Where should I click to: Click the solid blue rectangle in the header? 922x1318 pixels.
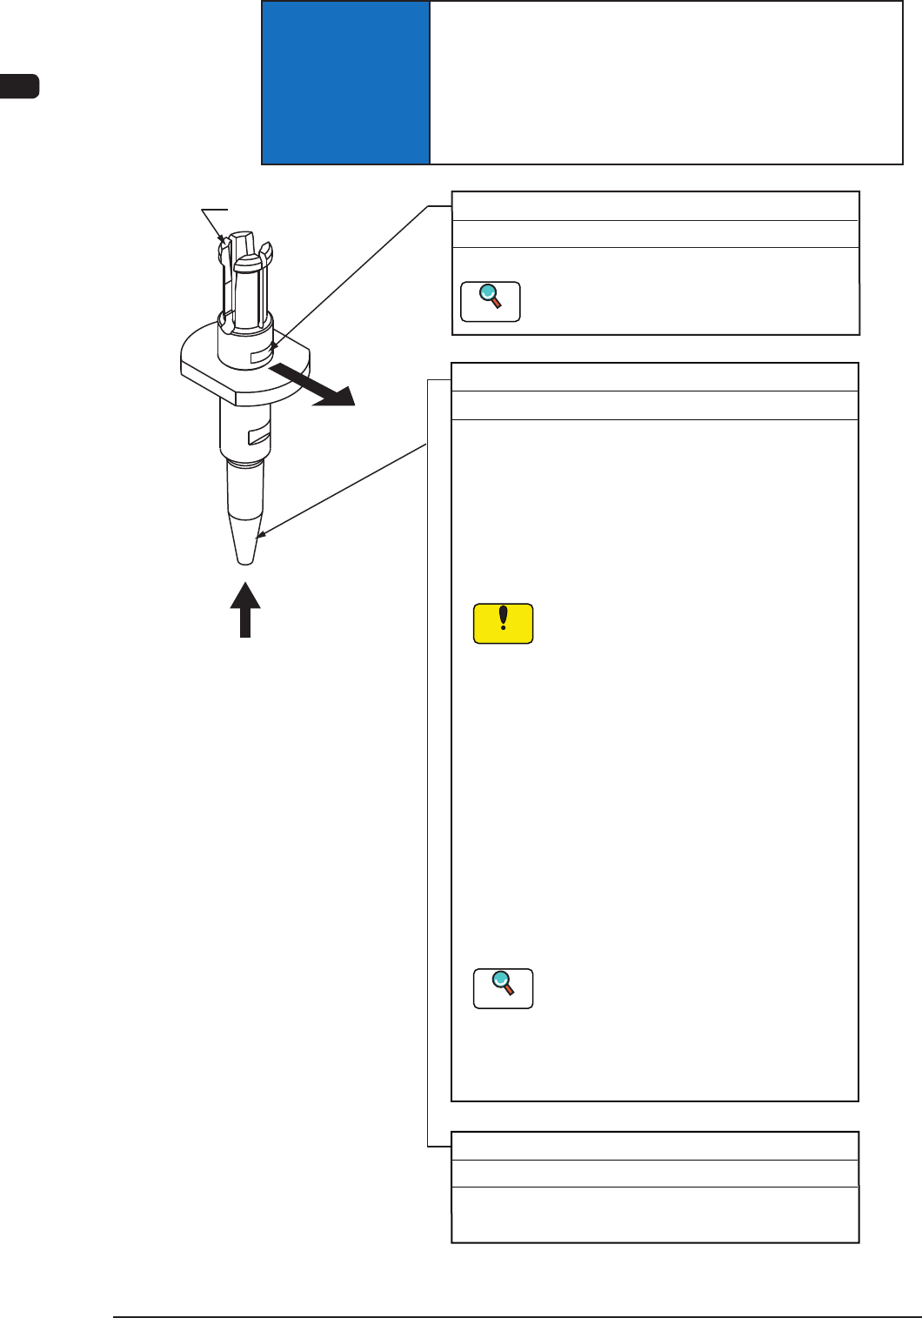coord(345,83)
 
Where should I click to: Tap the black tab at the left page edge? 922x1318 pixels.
coord(19,87)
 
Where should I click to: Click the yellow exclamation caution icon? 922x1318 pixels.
coord(503,624)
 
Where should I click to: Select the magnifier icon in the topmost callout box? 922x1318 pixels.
coord(491,301)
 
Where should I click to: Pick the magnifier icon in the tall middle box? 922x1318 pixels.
coord(503,988)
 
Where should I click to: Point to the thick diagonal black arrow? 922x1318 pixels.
coord(313,385)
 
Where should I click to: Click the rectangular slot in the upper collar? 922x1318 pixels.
coord(262,356)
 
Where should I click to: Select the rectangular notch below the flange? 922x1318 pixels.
coord(260,433)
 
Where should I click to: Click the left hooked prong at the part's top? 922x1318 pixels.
coord(224,248)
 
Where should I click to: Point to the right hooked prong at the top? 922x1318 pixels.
coord(266,255)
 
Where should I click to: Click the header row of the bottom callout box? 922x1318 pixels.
coord(654,1145)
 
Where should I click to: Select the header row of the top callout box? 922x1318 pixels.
coord(654,206)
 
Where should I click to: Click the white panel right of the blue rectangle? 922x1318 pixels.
coord(665,83)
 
